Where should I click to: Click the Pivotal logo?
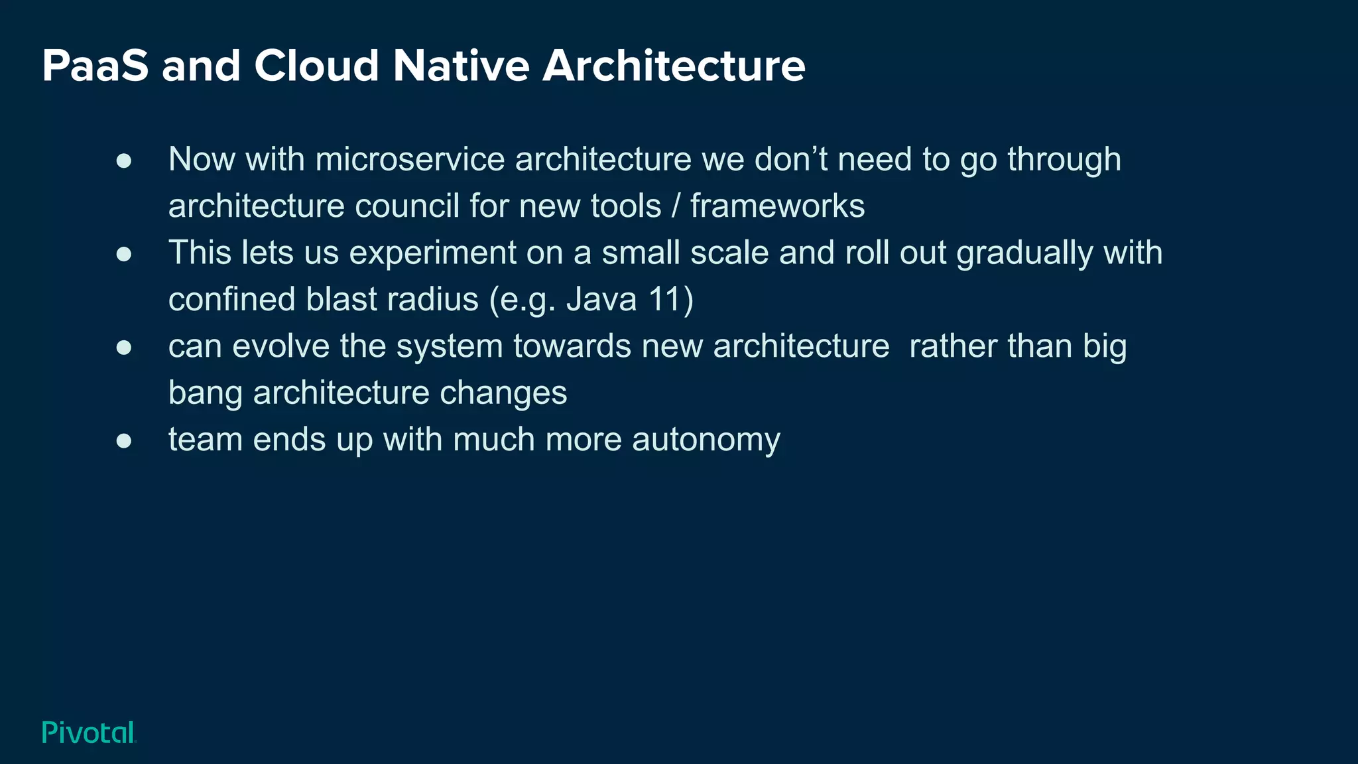(89, 732)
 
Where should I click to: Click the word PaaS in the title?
(95, 66)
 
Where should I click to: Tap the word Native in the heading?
(461, 66)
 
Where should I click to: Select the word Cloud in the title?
(316, 66)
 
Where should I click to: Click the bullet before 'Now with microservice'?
(124, 160)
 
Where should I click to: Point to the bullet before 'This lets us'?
(124, 254)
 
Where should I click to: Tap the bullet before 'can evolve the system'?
(124, 348)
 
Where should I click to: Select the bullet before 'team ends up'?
(124, 441)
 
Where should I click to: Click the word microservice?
(410, 160)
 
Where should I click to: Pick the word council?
(406, 206)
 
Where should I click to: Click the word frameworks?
(777, 206)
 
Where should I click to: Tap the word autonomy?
(706, 440)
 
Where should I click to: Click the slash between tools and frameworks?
(676, 206)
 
